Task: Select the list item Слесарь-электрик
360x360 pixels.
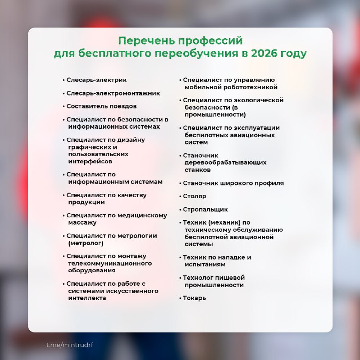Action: coord(96,80)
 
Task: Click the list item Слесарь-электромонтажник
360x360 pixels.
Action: coord(113,93)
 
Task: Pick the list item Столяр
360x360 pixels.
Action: coord(194,197)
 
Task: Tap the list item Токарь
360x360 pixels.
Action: coord(194,298)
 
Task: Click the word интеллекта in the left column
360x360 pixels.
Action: coord(87,298)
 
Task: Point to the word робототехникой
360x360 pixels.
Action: coord(247,87)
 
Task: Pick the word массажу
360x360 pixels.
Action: coord(82,223)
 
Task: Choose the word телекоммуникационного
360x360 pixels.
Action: coord(110,263)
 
